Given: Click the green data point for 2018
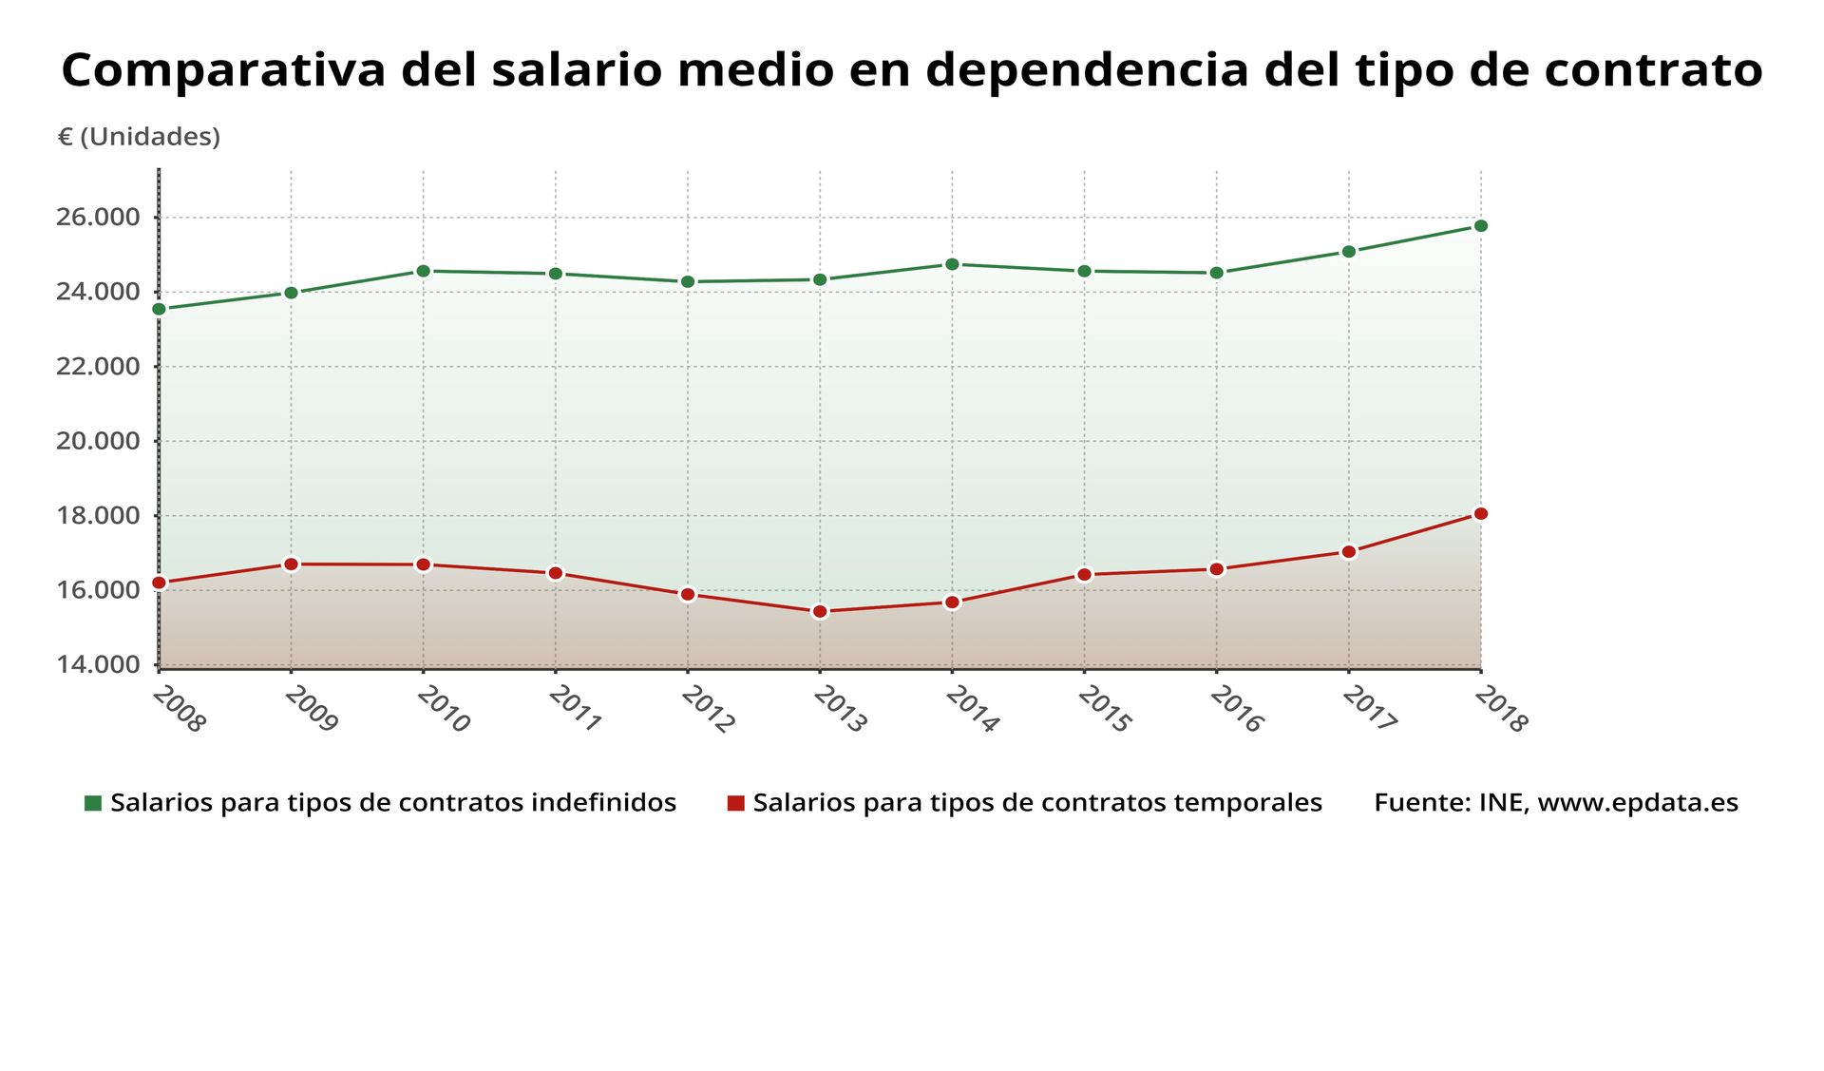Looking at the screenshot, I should pyautogui.click(x=1480, y=226).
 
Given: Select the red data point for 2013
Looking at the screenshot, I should pyautogui.click(x=820, y=611).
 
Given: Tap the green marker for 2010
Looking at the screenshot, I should pyautogui.click(x=424, y=271).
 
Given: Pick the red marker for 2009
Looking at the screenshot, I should pyautogui.click(x=292, y=564).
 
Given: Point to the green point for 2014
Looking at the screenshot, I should pyautogui.click(x=952, y=264).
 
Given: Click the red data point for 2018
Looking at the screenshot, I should pyautogui.click(x=1480, y=514).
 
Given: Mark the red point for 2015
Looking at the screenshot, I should pyautogui.click(x=1084, y=574).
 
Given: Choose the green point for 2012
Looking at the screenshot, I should pyautogui.click(x=688, y=281).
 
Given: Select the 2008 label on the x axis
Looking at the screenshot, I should pyautogui.click(x=178, y=710).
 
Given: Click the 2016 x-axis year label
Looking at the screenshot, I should pyautogui.click(x=1235, y=710).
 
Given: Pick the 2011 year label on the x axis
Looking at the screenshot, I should pyautogui.click(x=574, y=710).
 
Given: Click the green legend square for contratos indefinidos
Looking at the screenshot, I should pyautogui.click(x=93, y=803).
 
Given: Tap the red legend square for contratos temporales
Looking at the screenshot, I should pyautogui.click(x=735, y=803).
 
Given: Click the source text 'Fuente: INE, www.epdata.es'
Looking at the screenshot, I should pyautogui.click(x=1555, y=803).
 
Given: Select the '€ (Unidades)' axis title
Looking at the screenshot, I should pyautogui.click(x=139, y=137).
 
